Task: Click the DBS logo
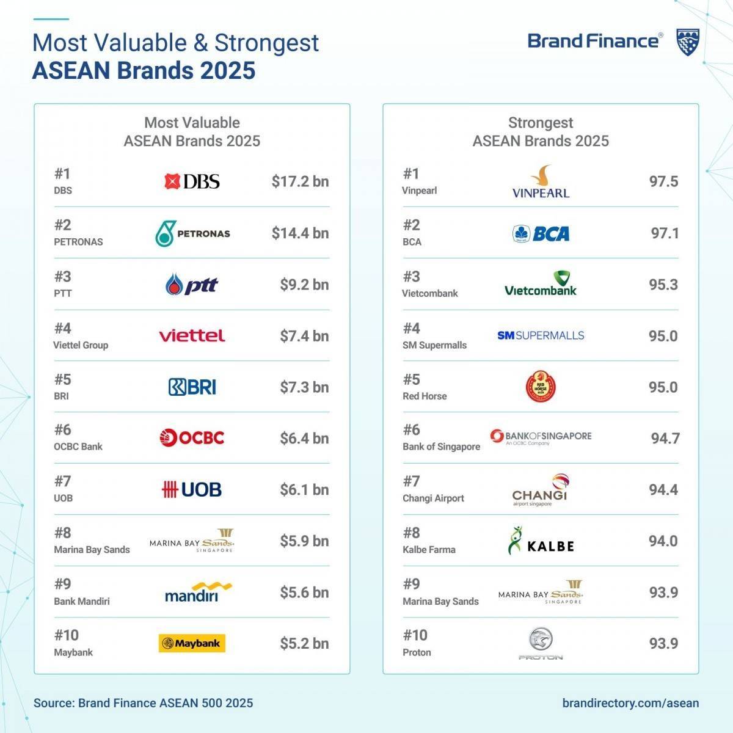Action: click(192, 181)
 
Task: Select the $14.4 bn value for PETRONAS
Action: click(300, 233)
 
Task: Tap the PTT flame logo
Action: click(191, 285)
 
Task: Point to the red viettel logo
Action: click(192, 335)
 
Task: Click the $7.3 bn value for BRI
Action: click(304, 387)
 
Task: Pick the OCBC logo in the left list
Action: click(192, 437)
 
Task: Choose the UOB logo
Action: click(192, 489)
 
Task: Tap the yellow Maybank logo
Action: click(192, 643)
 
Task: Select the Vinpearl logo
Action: click(541, 182)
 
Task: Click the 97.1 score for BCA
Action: click(665, 233)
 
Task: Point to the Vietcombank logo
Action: click(541, 285)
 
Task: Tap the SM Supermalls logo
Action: click(541, 335)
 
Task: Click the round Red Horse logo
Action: click(541, 387)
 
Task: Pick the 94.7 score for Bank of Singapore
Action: click(665, 439)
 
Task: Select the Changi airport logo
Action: click(541, 489)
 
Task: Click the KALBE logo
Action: click(541, 542)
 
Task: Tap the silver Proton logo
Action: click(541, 644)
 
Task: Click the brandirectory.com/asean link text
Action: click(630, 703)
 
